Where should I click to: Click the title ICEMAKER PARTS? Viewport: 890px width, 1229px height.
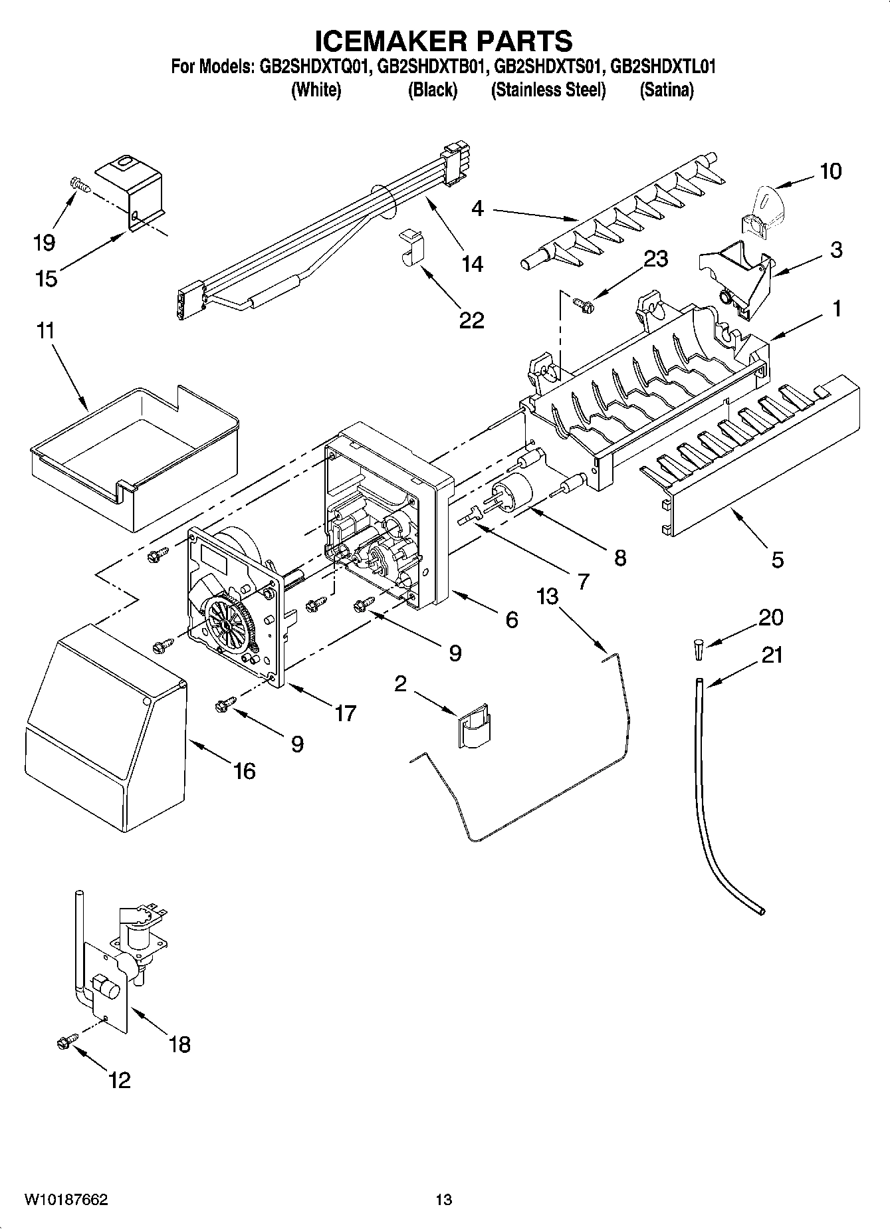pyautogui.click(x=443, y=41)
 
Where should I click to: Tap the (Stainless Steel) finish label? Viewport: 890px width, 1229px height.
pyautogui.click(x=548, y=90)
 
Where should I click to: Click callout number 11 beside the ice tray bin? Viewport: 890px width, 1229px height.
pyautogui.click(x=45, y=330)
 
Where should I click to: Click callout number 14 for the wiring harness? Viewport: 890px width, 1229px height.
pyautogui.click(x=472, y=264)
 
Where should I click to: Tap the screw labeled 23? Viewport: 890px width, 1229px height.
pyautogui.click(x=584, y=304)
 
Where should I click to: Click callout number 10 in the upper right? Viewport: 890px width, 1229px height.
pyautogui.click(x=830, y=171)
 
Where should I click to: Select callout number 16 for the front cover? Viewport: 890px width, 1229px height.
pyautogui.click(x=244, y=771)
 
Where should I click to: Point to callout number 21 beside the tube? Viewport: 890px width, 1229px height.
pyautogui.click(x=772, y=655)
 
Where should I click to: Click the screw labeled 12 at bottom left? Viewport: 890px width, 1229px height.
pyautogui.click(x=67, y=1044)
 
